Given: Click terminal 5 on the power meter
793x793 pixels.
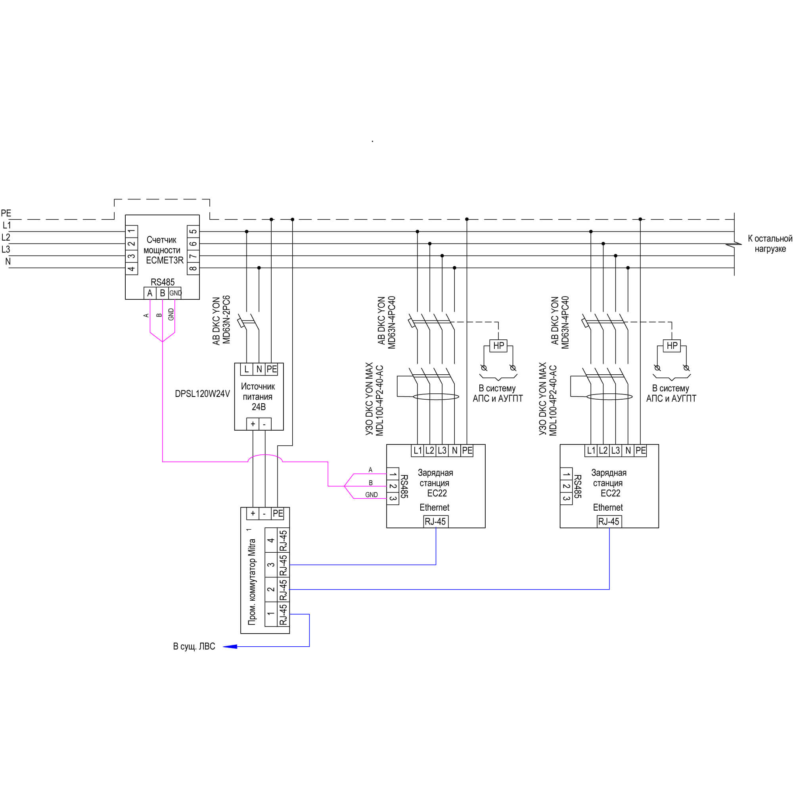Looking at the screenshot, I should tap(193, 232).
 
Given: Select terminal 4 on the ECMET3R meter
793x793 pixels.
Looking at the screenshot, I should tap(131, 268).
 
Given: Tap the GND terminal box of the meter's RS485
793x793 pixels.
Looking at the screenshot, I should tap(175, 293).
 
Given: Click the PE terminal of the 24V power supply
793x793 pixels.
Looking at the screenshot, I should tap(272, 369).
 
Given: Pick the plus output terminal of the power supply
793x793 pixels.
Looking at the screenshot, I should tap(253, 424).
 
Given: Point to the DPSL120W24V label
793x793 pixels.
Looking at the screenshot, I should tap(202, 394).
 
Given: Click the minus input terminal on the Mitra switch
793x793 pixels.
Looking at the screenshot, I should tap(265, 513).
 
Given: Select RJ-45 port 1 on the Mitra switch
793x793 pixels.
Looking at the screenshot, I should tap(283, 614).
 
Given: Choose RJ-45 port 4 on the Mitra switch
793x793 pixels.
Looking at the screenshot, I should tap(283, 540).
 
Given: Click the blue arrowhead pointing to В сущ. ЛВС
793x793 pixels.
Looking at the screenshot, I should tap(230, 646).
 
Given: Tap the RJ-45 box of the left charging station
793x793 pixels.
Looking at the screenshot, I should tap(435, 522).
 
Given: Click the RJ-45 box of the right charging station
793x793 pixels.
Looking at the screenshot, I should tap(609, 522).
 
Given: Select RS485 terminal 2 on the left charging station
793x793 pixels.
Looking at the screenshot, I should tap(393, 487).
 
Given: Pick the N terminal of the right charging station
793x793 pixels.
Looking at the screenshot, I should tap(628, 451).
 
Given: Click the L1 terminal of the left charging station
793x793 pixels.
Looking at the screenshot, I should tap(418, 451).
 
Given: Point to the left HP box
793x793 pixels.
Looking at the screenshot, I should tap(499, 346).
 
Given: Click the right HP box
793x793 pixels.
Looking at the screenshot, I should tap(672, 346).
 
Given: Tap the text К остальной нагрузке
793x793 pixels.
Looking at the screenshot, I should tap(770, 244).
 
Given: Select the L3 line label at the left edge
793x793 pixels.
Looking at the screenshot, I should tap(6, 249).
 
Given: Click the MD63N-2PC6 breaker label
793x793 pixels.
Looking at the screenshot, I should tap(226, 320).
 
